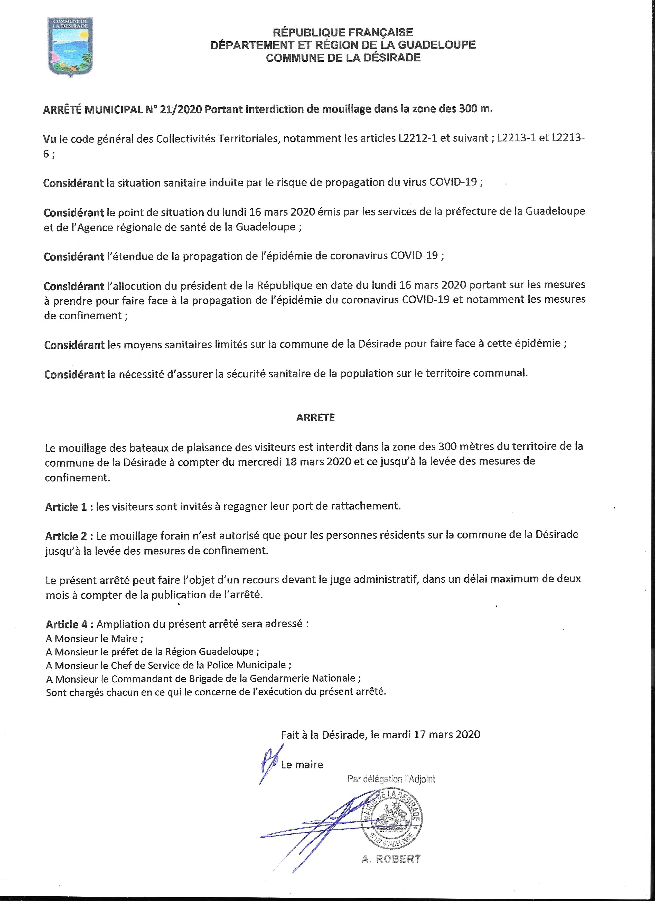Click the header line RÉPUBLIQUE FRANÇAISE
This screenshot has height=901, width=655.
pyautogui.click(x=343, y=32)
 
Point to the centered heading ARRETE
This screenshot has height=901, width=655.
pyautogui.click(x=315, y=417)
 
